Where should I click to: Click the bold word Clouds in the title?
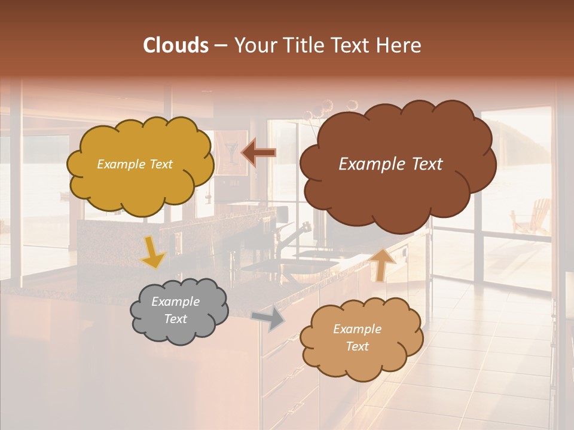point(176,45)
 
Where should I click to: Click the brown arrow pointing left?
point(258,152)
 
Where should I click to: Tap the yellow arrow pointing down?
point(153,253)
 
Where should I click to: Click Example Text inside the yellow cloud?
point(135,164)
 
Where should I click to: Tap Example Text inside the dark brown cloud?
point(390,164)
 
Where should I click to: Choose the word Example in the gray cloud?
point(175,302)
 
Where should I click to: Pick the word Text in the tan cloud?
point(358,346)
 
